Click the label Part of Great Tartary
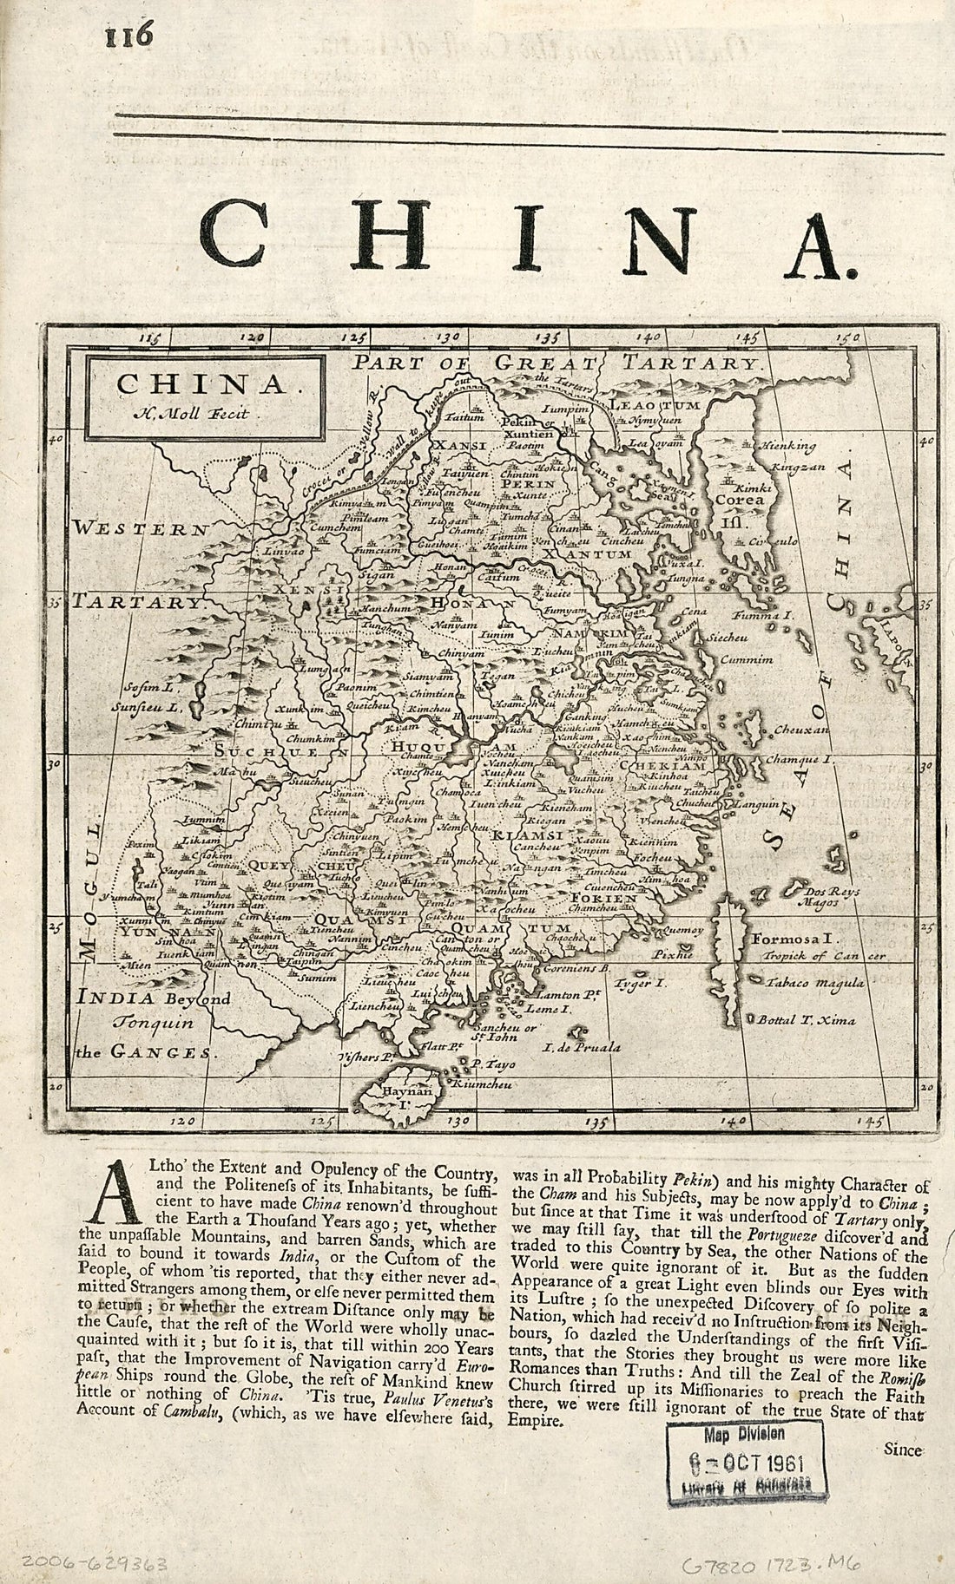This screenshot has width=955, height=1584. click(x=557, y=363)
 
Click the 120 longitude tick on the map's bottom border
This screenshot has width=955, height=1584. click(x=182, y=1122)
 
